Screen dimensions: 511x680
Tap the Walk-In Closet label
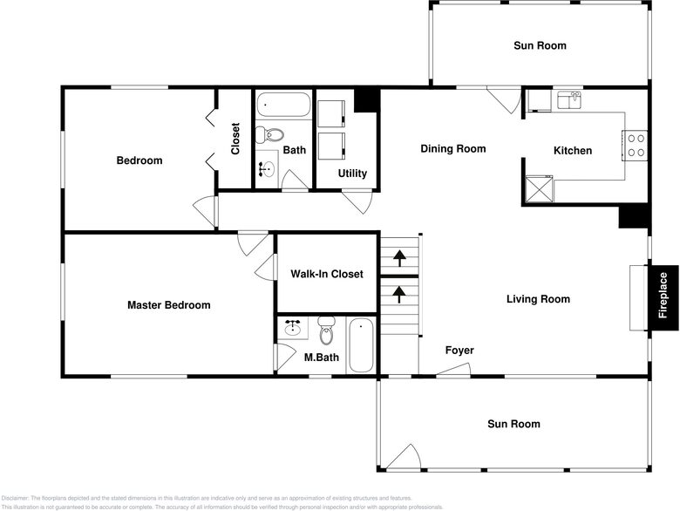[x=326, y=274]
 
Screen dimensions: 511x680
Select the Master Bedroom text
[x=168, y=305]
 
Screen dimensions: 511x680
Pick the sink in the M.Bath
[x=292, y=329]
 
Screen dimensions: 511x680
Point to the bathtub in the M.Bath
[x=361, y=346]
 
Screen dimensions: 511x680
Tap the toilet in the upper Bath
[x=269, y=135]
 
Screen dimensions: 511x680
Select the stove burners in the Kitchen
[x=636, y=145]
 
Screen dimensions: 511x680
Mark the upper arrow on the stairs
[x=399, y=257]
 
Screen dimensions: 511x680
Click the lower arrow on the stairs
[x=399, y=293]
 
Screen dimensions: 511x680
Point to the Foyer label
[x=459, y=351]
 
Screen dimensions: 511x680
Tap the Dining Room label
[x=452, y=149]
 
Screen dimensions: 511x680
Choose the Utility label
[x=352, y=174]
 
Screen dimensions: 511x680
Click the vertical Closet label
[x=235, y=138]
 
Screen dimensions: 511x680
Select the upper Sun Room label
[x=539, y=45]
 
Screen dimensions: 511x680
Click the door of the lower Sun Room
[x=403, y=458]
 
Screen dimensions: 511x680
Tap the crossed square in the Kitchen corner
[x=538, y=188]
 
